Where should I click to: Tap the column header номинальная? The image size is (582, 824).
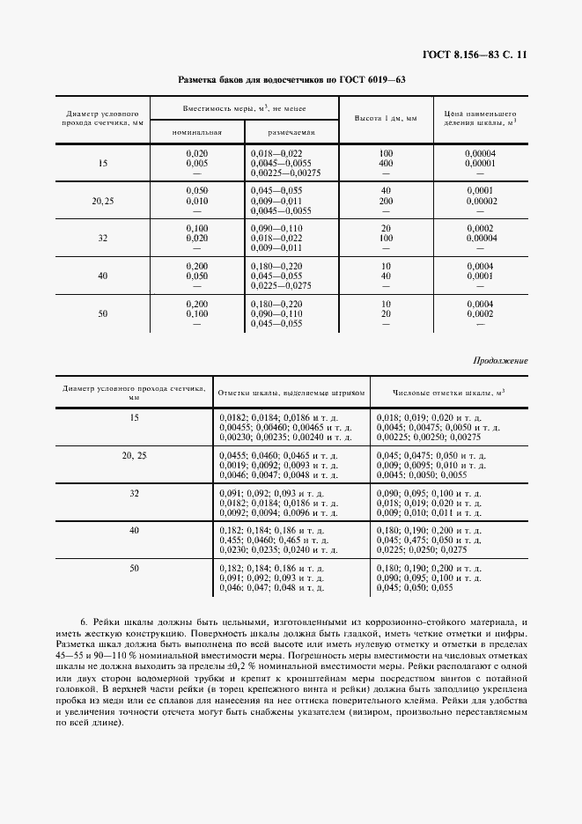click(196, 132)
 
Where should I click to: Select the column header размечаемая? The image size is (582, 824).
click(291, 132)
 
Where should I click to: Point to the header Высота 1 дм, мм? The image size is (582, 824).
click(386, 118)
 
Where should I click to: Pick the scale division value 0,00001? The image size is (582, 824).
click(481, 164)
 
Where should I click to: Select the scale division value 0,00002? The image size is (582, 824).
click(481, 202)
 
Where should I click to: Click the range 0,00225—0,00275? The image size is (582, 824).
click(286, 173)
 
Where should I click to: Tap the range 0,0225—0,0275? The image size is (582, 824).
click(282, 285)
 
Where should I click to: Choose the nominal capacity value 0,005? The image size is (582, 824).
click(196, 164)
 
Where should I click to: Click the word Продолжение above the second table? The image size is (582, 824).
click(500, 361)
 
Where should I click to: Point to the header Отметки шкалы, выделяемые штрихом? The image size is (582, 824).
click(290, 393)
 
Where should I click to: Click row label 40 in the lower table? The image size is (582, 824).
click(134, 531)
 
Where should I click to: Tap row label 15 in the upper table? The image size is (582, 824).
click(104, 164)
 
